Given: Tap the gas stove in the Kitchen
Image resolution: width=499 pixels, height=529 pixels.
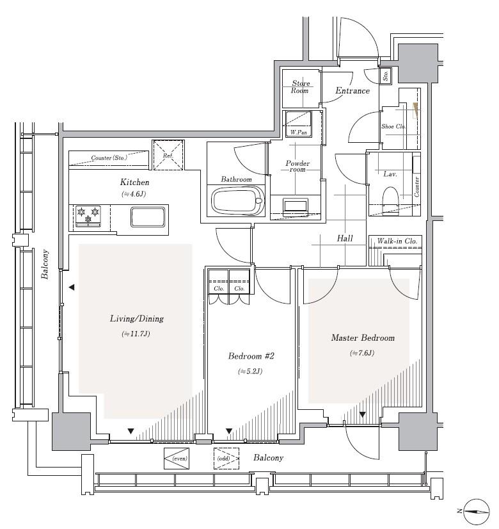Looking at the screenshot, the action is click(88, 216).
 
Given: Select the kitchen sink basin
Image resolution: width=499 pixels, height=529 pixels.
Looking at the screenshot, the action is click(148, 217).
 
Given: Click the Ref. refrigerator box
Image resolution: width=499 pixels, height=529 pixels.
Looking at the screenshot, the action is click(168, 155).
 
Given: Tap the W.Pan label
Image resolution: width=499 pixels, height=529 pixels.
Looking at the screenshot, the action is click(299, 132).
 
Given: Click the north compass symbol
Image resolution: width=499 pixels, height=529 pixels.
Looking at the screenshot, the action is click(477, 512).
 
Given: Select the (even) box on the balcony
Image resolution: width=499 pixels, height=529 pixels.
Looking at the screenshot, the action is click(177, 459).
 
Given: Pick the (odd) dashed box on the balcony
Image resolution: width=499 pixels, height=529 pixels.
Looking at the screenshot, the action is click(226, 459).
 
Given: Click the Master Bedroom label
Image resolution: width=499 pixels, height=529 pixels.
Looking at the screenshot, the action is click(363, 338).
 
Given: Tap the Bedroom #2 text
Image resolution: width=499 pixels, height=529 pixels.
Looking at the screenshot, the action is click(251, 356).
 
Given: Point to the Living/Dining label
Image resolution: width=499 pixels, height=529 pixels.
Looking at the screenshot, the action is click(136, 319).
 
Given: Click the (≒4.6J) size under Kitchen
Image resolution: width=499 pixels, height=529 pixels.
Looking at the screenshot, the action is click(134, 194).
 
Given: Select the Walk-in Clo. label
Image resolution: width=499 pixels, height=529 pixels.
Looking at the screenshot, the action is click(397, 241).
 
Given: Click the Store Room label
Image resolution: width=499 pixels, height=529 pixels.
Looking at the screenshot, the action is click(301, 86).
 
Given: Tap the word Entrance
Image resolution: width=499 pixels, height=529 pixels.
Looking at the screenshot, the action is click(352, 90).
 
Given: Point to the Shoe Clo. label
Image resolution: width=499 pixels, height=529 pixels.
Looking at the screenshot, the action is click(393, 127).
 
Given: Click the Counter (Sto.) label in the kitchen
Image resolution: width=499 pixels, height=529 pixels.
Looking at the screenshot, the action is click(109, 158).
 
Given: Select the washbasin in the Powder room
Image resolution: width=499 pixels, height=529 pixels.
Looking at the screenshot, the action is click(296, 206).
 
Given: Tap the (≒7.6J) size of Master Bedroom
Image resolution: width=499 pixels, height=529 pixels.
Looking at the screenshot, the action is click(362, 354).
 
